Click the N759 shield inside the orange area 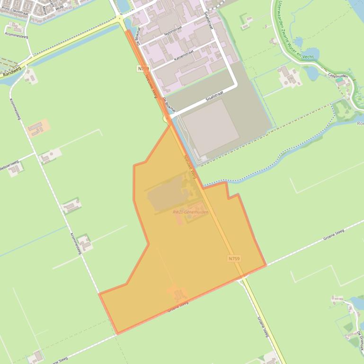click(x=233, y=259)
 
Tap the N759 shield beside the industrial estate click(x=143, y=69)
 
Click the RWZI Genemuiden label click(x=191, y=212)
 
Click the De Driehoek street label click(x=360, y=339)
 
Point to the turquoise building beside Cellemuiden click(x=340, y=81)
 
